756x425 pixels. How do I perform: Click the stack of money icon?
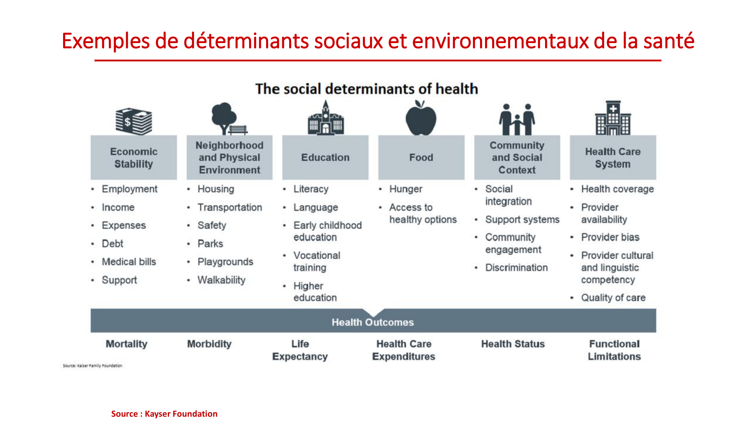coord(134,121)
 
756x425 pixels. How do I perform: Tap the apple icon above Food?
coord(421,118)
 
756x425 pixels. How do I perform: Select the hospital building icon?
coord(613,118)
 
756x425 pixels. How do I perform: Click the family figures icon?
coord(517,119)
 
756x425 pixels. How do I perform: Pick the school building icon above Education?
coord(325,117)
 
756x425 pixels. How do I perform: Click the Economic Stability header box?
coord(134,158)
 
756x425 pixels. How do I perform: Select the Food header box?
coord(421,158)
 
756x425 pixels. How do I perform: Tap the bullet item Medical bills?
coord(129,262)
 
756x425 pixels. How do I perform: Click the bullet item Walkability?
coord(222,280)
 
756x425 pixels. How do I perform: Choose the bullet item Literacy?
coord(311,189)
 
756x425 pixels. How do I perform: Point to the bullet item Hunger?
coord(406,189)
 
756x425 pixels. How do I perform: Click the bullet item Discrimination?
coord(516,267)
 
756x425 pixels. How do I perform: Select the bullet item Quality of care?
coord(613,298)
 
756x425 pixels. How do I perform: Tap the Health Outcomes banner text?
coord(373,322)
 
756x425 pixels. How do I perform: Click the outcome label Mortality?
coord(127,344)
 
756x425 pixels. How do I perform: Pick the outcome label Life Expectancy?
coord(300,350)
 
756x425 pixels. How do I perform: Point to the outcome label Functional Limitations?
coord(614,350)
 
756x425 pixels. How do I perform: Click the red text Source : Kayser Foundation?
coord(164,414)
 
